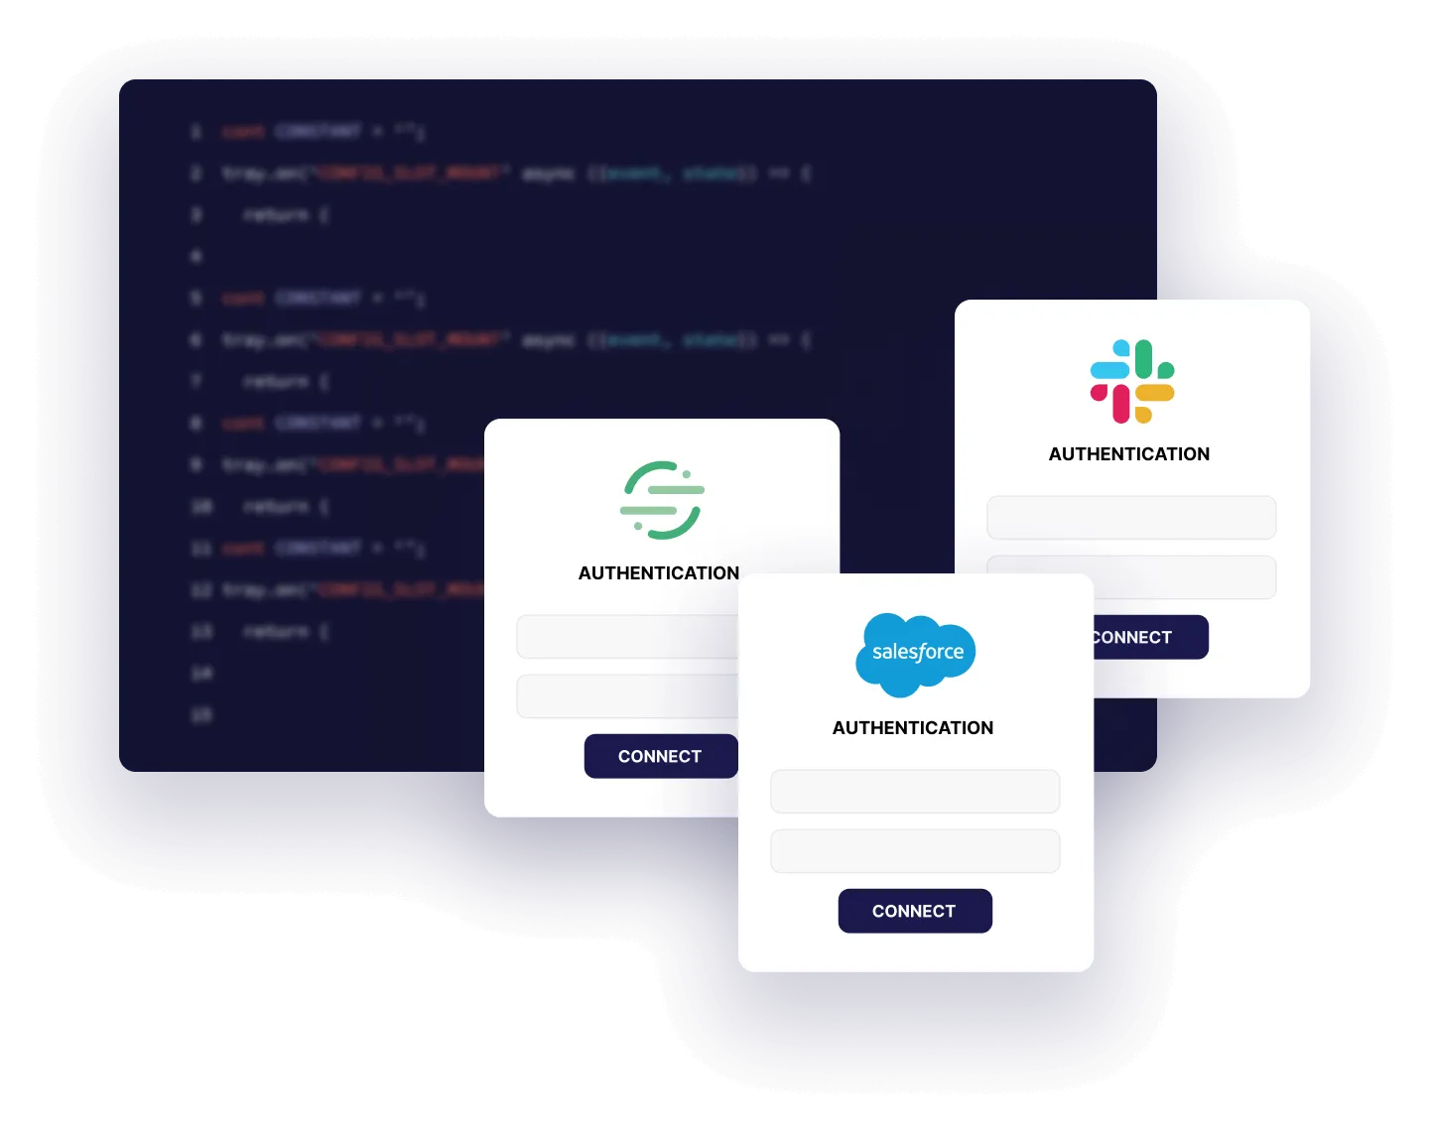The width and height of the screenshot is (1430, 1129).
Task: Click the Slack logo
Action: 1132,382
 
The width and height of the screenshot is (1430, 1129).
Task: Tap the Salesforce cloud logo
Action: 916,654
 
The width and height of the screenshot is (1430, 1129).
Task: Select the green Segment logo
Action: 662,500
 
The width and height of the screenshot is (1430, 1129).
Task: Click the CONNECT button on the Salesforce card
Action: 915,911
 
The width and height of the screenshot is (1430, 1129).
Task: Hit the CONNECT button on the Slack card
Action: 1150,637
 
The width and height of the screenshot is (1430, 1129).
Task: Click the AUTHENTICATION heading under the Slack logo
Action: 1129,454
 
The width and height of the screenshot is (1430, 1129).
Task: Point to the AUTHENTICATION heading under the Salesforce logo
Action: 913,728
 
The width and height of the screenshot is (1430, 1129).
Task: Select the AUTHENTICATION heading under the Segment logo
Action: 659,573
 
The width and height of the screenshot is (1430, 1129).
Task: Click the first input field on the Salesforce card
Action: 915,792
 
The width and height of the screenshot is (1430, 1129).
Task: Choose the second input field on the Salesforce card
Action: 915,851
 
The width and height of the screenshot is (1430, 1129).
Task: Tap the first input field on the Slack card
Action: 1131,518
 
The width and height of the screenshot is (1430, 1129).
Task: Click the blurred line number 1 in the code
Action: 196,131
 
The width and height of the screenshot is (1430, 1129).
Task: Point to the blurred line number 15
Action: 200,714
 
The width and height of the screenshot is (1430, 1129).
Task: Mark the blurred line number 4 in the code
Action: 196,256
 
